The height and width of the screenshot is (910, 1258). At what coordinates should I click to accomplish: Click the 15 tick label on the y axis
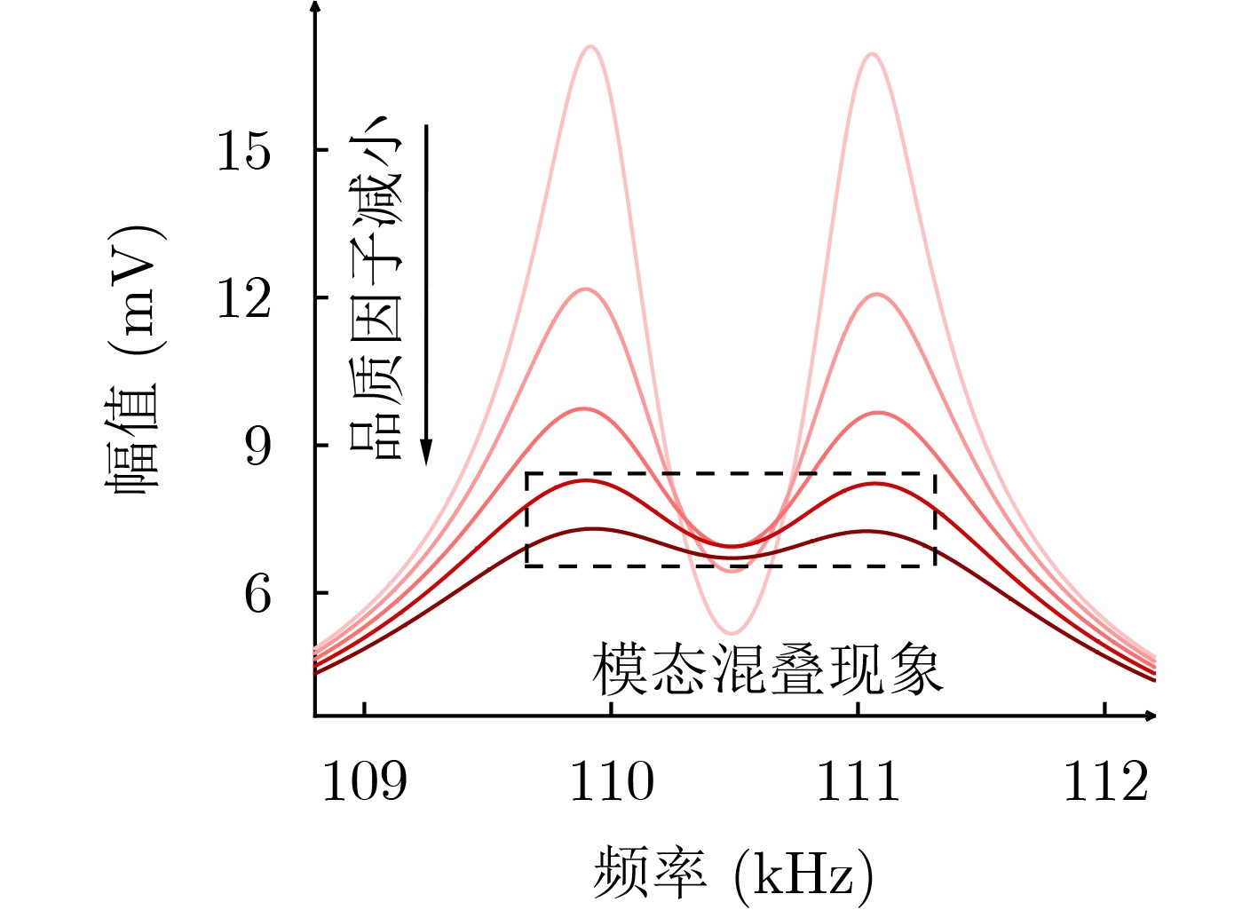pos(243,150)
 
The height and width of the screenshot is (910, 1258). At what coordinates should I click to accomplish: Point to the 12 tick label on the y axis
pos(243,298)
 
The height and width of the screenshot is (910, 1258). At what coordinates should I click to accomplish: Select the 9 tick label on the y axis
pos(257,446)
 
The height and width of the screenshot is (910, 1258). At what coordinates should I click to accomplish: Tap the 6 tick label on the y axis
pos(257,594)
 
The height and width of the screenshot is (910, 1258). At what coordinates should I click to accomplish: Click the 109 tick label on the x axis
pos(364,782)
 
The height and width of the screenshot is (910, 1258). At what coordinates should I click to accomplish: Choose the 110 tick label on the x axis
pos(611,782)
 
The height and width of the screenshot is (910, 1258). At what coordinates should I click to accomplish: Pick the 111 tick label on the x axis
pos(858,782)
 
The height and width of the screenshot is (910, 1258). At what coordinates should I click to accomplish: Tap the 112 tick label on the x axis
pos(1105,782)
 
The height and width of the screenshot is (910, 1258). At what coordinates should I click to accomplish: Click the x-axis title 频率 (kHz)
pos(733,874)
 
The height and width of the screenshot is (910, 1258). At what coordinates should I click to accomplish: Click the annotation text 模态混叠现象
pos(767,669)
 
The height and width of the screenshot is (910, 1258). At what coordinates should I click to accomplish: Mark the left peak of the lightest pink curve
pos(591,47)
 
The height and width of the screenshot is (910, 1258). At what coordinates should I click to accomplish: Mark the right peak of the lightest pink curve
pos(872,54)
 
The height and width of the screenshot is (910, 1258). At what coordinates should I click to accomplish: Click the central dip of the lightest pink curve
pos(732,633)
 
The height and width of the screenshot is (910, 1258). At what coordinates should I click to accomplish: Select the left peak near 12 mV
pos(586,289)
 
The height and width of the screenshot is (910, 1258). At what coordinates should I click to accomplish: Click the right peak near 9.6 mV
pos(877,413)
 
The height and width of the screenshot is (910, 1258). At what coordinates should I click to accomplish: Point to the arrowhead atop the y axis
pos(315,5)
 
